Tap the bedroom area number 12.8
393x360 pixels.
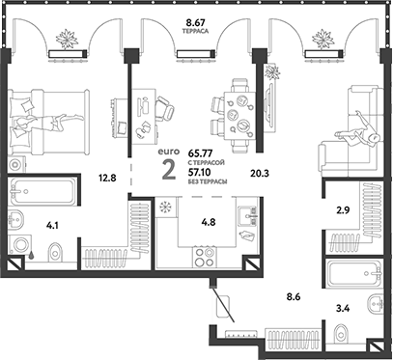point(107,177)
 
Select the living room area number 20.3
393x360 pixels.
point(259,176)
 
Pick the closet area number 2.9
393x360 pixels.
point(342,208)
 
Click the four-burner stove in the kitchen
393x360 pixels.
point(206,258)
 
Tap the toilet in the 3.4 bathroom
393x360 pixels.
point(343,333)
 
